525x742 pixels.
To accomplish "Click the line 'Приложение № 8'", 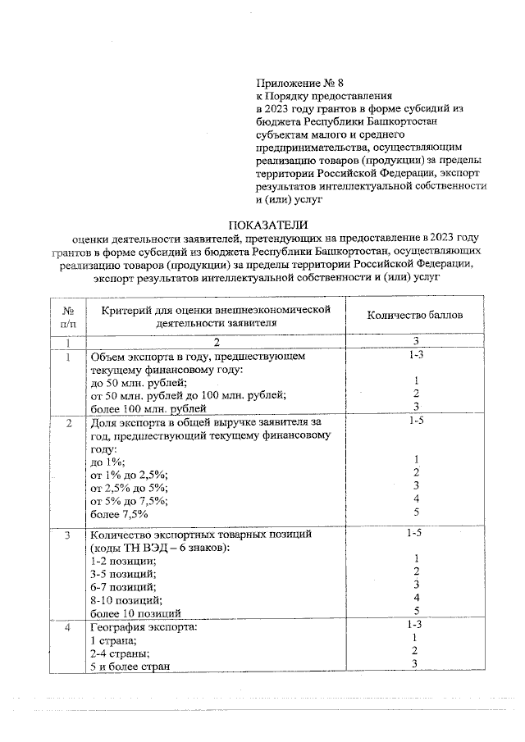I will click(296, 83).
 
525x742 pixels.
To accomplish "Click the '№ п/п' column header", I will click(68, 316).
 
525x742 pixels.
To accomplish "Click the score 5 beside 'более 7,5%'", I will click(417, 514).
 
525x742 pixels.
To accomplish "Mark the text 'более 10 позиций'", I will click(135, 612).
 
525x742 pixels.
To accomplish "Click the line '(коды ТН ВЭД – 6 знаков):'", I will click(154, 548).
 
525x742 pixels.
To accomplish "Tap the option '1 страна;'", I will click(112, 640).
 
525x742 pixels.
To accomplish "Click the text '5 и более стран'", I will click(130, 667).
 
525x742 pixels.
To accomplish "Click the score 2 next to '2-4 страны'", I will click(417, 653).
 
